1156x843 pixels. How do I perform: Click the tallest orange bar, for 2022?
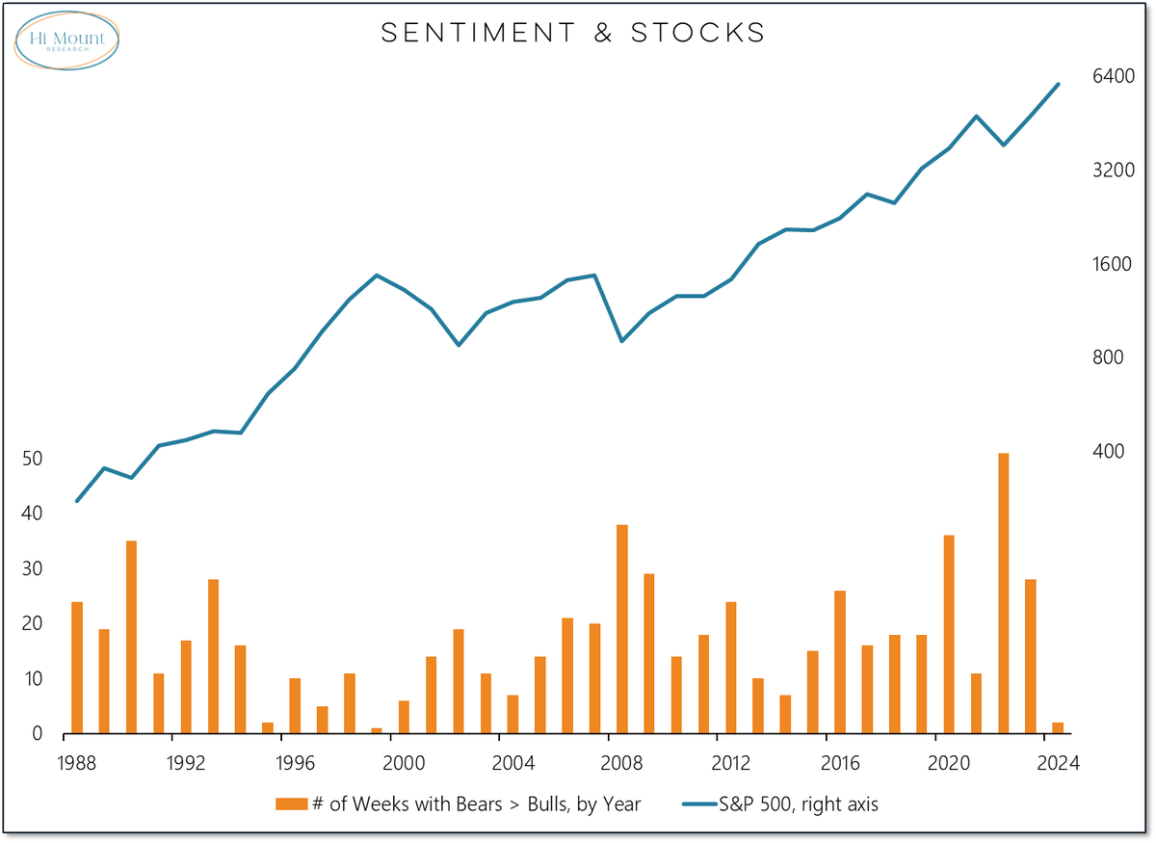(x=1003, y=593)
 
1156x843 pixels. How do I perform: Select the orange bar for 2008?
(x=622, y=629)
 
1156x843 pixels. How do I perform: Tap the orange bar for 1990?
(x=132, y=637)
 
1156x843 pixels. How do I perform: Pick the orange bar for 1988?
(x=77, y=668)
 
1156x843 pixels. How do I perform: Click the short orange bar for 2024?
(x=1058, y=728)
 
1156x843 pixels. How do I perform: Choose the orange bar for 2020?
(x=949, y=634)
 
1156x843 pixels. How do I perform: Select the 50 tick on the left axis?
(x=32, y=459)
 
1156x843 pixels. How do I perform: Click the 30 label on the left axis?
(x=32, y=569)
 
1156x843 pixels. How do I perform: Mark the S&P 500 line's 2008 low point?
(x=622, y=341)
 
